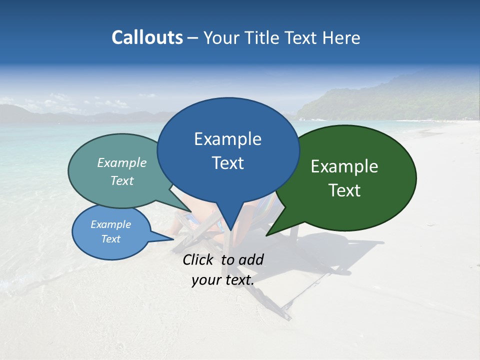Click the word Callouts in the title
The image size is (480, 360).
tap(147, 37)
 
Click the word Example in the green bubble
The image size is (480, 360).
tap(344, 166)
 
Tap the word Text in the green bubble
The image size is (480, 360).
tap(344, 190)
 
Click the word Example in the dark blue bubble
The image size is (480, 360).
tap(227, 139)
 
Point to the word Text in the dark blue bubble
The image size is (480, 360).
tap(227, 163)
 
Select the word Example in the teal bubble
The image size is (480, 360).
tap(122, 162)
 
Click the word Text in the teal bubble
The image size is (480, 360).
tap(122, 180)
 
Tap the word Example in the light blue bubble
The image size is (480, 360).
tap(110, 224)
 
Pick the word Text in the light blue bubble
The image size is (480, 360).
tap(110, 239)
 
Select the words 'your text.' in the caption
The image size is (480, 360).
tap(223, 280)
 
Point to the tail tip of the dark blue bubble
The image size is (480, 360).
tap(230, 230)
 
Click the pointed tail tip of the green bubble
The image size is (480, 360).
tap(266, 235)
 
